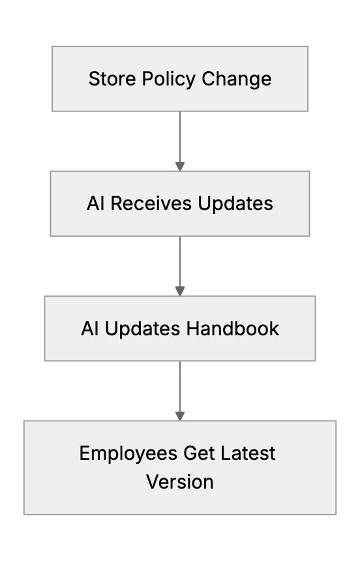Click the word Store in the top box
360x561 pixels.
click(112, 79)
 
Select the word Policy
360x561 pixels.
click(168, 80)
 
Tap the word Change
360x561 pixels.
click(237, 80)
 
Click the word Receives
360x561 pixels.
click(151, 204)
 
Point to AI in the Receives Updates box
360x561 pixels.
click(96, 204)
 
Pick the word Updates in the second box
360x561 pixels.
click(235, 204)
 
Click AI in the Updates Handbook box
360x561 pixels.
click(90, 328)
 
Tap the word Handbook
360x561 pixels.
click(233, 328)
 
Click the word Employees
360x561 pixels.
click(128, 454)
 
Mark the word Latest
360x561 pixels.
click(248, 453)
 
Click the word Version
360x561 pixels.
click(180, 482)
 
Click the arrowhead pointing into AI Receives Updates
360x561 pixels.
click(180, 166)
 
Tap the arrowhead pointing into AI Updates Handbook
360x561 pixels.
click(180, 291)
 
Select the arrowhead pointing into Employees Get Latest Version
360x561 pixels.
click(180, 416)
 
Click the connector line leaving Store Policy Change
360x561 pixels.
click(180, 137)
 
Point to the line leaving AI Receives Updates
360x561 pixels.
click(180, 262)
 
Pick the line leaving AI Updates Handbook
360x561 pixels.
click(180, 386)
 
